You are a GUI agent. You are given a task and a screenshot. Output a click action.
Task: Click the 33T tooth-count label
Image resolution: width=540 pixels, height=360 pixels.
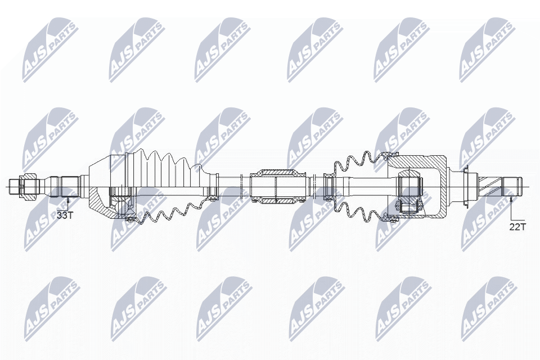65,214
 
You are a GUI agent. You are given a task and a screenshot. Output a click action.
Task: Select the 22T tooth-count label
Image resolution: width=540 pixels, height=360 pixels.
517,227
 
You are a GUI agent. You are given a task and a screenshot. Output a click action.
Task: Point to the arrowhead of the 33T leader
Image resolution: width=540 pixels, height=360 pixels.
68,196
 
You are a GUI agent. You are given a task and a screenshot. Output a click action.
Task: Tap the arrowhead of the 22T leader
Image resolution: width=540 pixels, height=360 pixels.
511,197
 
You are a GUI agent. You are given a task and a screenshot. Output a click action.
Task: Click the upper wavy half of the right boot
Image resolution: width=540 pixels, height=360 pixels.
360,163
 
